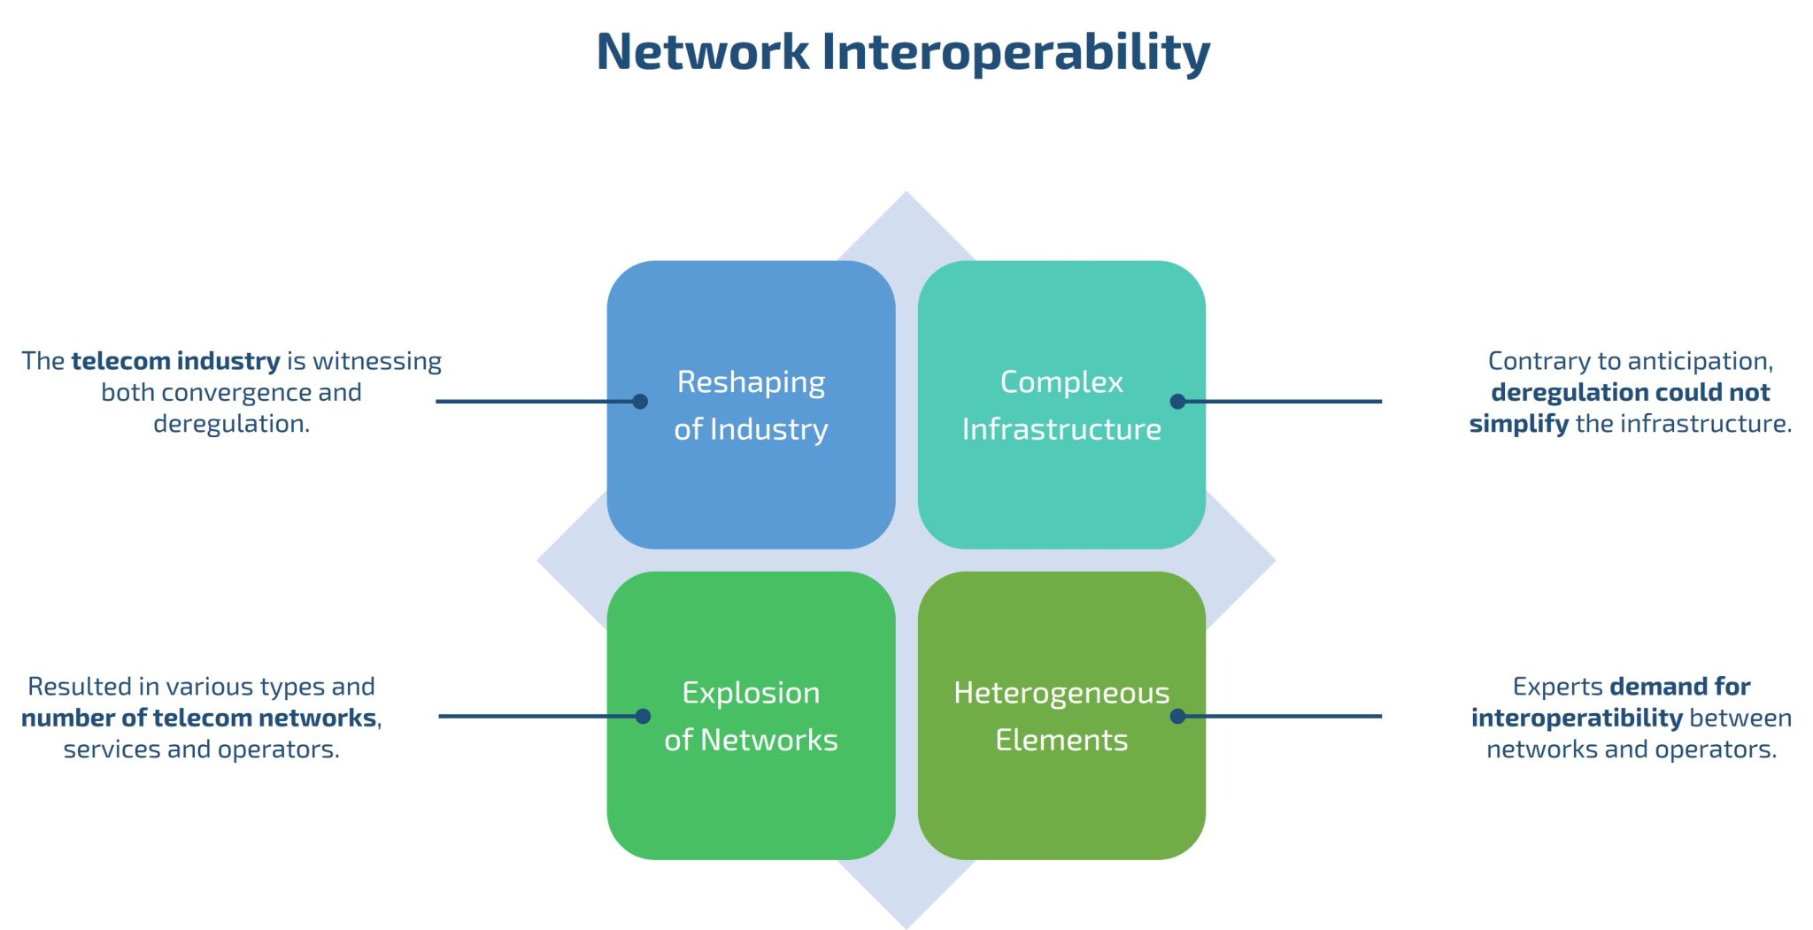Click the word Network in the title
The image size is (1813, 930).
click(x=702, y=51)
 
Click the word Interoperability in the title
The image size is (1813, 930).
click(x=1015, y=51)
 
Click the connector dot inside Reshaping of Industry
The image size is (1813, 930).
click(x=640, y=402)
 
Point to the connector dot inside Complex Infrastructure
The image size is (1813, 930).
click(x=1177, y=402)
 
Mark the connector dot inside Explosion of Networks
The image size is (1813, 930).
click(x=643, y=716)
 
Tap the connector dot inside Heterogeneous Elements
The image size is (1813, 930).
click(x=1177, y=716)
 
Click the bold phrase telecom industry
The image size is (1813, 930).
click(x=175, y=361)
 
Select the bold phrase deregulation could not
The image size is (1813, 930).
click(x=1630, y=392)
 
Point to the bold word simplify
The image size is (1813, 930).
click(x=1518, y=424)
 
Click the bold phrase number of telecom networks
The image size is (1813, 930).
click(x=199, y=718)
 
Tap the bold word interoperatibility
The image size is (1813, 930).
click(x=1576, y=718)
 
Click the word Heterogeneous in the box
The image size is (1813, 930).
click(x=1061, y=693)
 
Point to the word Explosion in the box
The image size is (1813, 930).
click(x=751, y=693)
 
